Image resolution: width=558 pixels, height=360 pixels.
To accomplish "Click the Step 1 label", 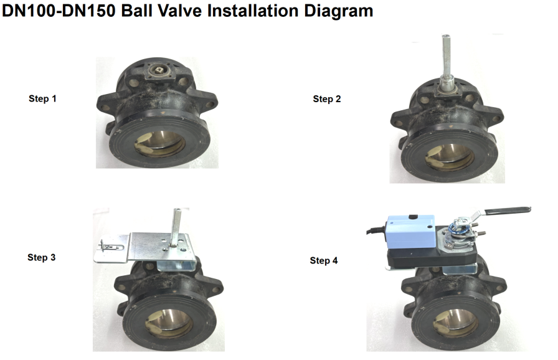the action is click(42, 98).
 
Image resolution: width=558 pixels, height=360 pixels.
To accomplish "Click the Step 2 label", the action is click(327, 99).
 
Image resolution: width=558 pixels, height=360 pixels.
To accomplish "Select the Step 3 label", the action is click(41, 257).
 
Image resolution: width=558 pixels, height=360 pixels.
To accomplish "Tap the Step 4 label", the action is click(323, 260).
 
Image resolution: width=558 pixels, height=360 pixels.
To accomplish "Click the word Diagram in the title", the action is click(338, 11).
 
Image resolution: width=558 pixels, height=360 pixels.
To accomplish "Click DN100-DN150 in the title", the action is click(59, 11).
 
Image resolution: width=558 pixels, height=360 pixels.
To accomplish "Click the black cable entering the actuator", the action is click(376, 231).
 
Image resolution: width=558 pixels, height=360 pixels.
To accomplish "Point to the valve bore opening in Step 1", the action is click(160, 144).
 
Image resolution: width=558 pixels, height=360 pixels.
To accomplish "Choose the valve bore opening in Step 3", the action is click(169, 323).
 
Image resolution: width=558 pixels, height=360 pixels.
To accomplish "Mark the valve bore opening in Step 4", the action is click(455, 323).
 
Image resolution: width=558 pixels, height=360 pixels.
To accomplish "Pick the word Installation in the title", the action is click(253, 11).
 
